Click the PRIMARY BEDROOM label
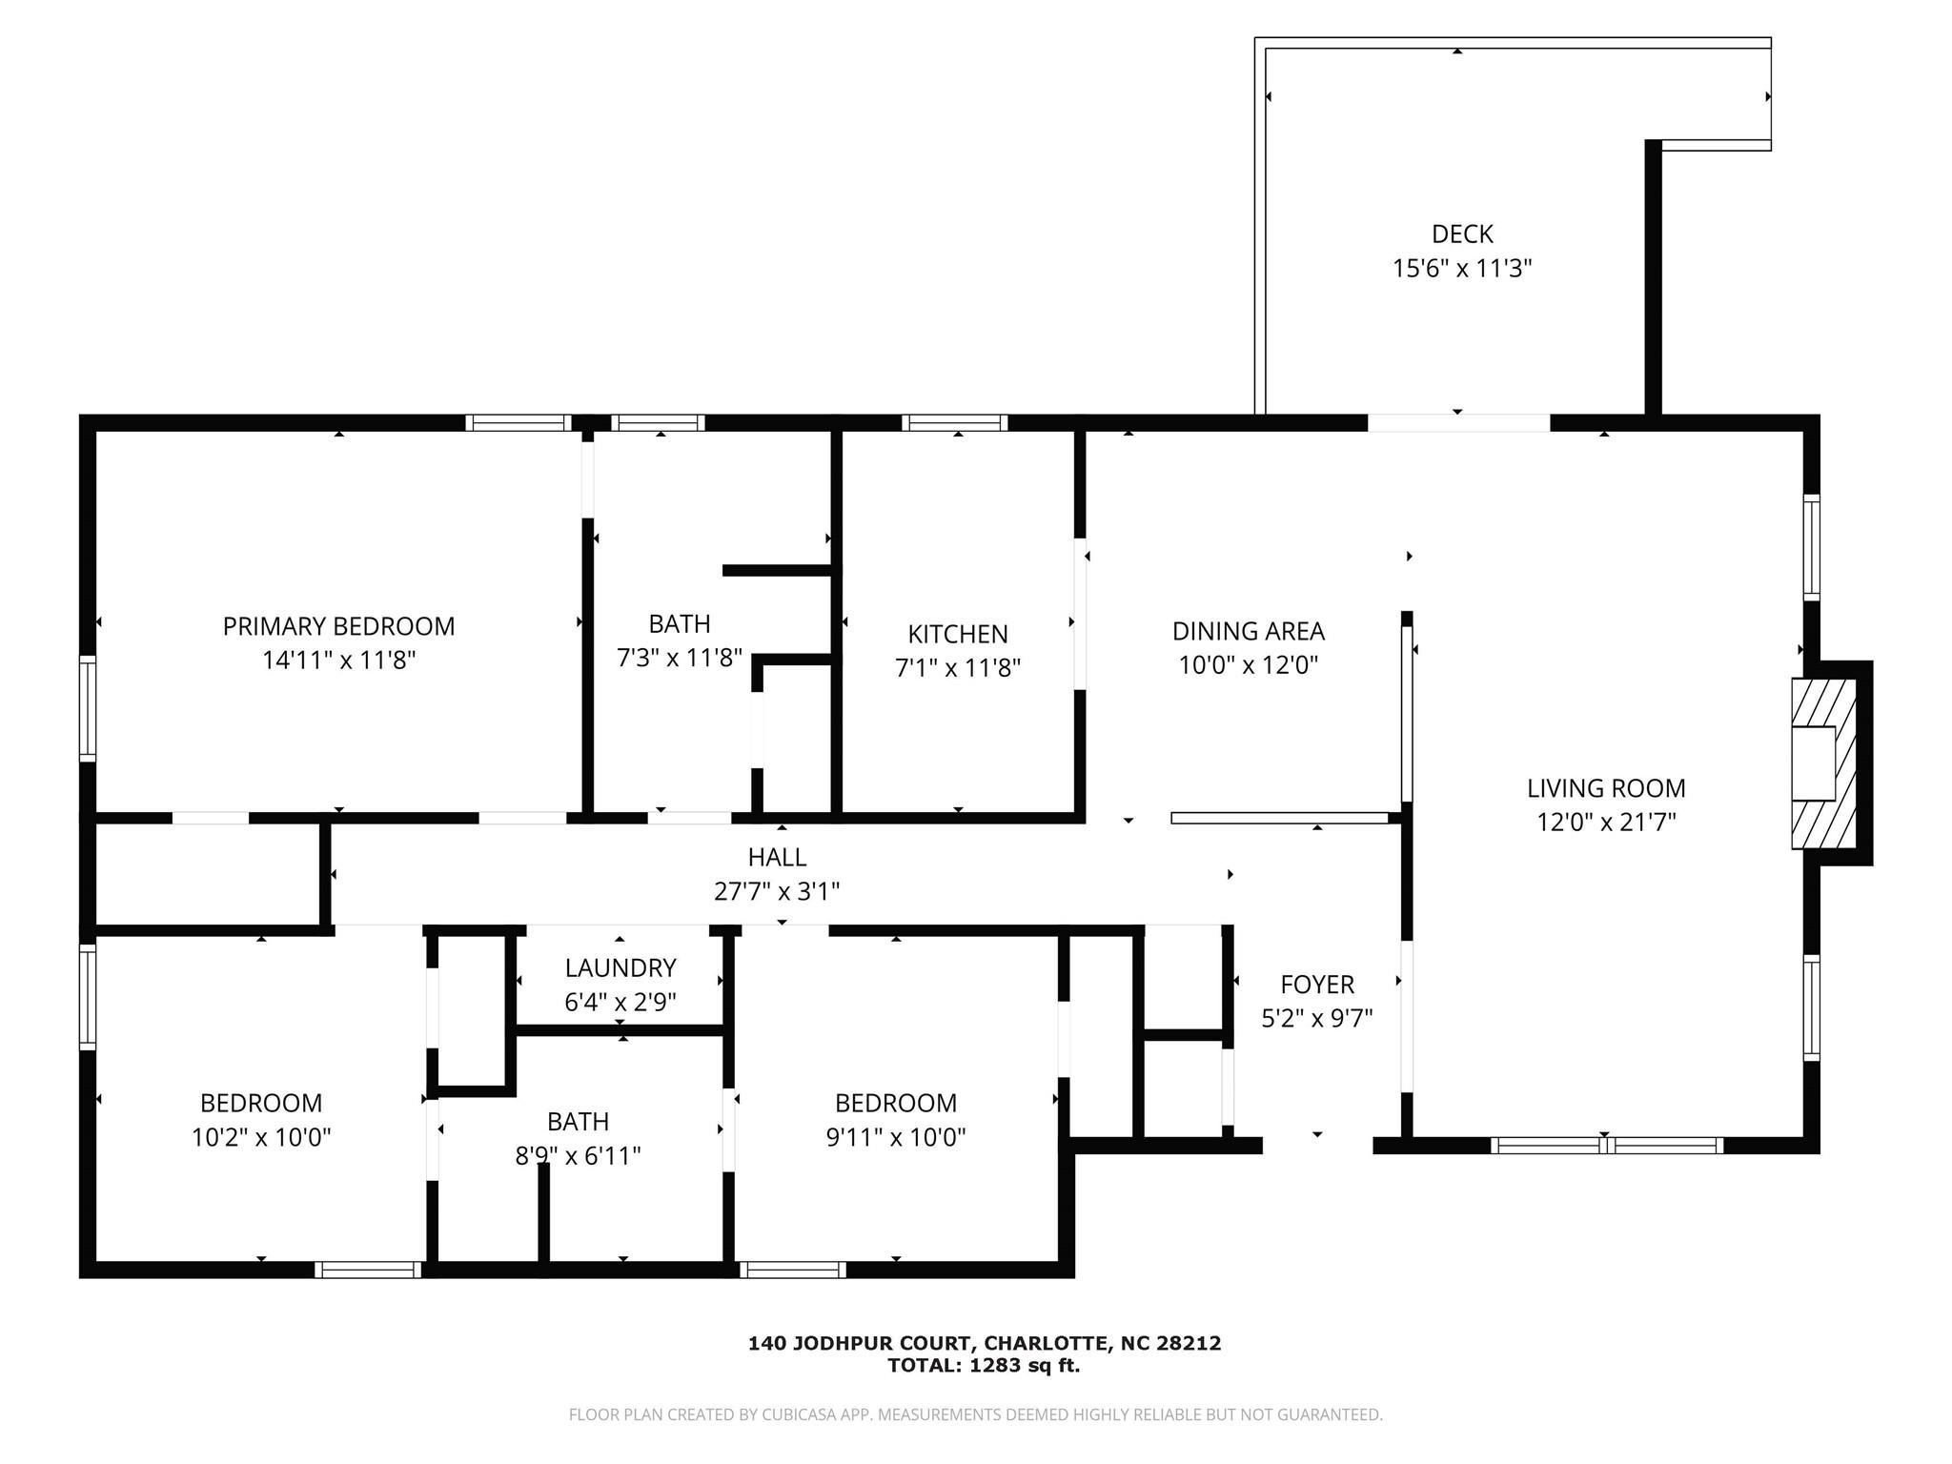pyautogui.click(x=338, y=626)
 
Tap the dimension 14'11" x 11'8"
pyautogui.click(x=338, y=660)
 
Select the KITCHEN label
pyautogui.click(x=957, y=634)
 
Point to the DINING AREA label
pyautogui.click(x=1248, y=631)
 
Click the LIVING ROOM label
pyautogui.click(x=1606, y=788)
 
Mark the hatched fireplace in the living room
pyautogui.click(x=1823, y=763)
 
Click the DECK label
pyautogui.click(x=1462, y=234)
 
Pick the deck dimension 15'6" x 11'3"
pyautogui.click(x=1462, y=268)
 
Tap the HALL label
pyautogui.click(x=777, y=857)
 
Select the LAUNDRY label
pyautogui.click(x=620, y=967)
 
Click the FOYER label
pyautogui.click(x=1317, y=984)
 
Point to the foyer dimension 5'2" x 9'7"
pyautogui.click(x=1317, y=1018)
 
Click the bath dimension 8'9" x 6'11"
pyautogui.click(x=578, y=1155)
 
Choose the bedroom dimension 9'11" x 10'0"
pyautogui.click(x=895, y=1136)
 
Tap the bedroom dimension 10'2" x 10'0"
pyautogui.click(x=261, y=1136)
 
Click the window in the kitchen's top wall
pyautogui.click(x=955, y=423)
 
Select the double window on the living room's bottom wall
pyautogui.click(x=1607, y=1146)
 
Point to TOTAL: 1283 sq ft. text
pyautogui.click(x=984, y=1365)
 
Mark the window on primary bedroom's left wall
pyautogui.click(x=88, y=707)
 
